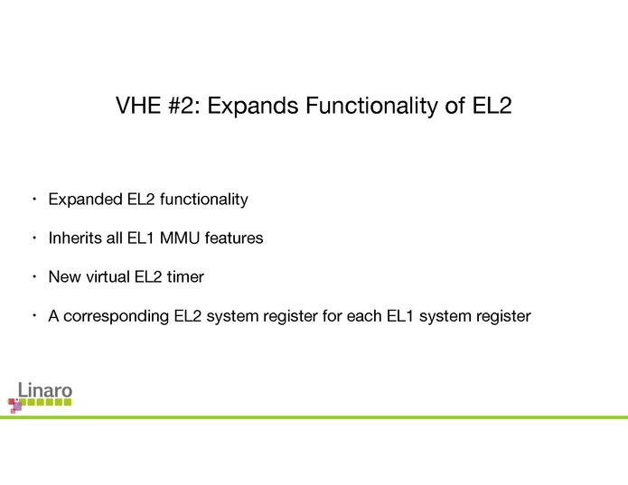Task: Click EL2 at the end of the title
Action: point(492,107)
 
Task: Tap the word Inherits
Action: point(74,238)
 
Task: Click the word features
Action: point(234,238)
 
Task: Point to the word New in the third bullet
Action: point(64,277)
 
